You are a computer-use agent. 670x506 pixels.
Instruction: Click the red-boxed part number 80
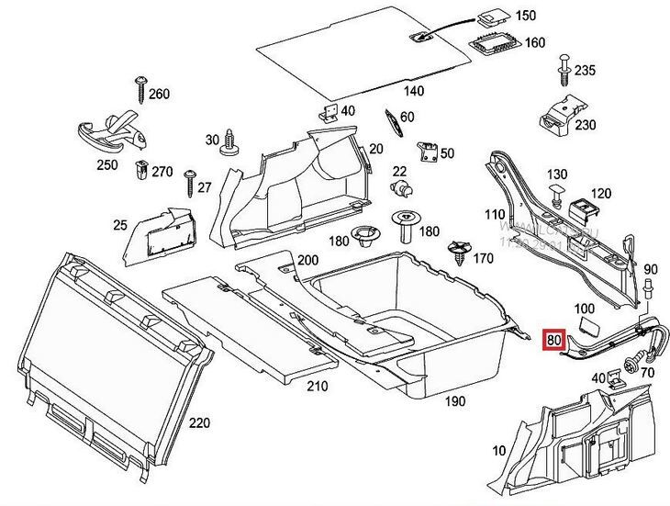553,338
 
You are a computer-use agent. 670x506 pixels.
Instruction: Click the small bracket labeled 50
426,152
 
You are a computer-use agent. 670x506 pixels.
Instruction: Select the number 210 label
317,386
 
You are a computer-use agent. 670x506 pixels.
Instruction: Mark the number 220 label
199,422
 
